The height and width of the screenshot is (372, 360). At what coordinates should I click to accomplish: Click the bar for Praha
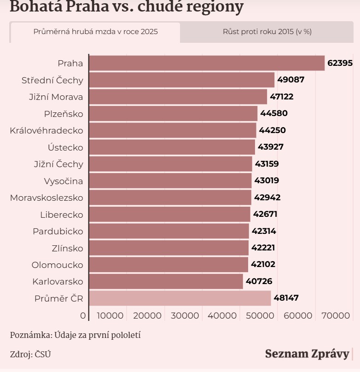[x=207, y=63]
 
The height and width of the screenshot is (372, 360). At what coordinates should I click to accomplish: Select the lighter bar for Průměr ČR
[x=180, y=298]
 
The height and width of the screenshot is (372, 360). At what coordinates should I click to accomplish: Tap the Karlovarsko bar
[x=166, y=281]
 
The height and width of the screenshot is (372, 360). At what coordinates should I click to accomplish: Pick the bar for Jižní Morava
[x=178, y=97]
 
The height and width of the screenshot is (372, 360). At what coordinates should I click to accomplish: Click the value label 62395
[x=340, y=63]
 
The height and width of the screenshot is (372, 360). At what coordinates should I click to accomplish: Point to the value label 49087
[x=290, y=80]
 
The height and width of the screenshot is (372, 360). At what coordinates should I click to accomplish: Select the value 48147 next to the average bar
[x=286, y=298]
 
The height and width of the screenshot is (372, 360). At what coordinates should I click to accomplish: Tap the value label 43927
[x=271, y=147]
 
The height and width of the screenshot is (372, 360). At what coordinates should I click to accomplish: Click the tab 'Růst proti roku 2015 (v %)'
[x=267, y=32]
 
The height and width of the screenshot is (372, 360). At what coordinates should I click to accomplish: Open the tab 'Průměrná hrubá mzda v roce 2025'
[x=95, y=32]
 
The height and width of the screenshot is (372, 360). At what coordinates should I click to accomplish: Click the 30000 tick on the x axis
[x=188, y=316]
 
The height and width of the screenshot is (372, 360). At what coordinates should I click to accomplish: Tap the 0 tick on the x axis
[x=83, y=316]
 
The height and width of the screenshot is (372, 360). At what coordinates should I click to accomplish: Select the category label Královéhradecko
[x=46, y=130]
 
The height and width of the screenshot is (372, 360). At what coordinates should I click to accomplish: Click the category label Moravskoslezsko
[x=46, y=198]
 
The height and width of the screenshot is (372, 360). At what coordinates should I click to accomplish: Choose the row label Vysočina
[x=64, y=181]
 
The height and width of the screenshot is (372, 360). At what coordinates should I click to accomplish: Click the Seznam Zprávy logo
[x=307, y=354]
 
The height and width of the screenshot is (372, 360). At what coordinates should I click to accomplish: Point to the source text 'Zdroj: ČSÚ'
[x=30, y=354]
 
